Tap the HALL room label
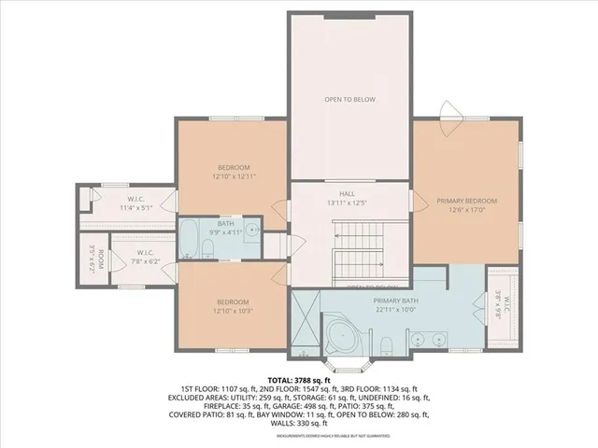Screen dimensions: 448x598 [x=348, y=192]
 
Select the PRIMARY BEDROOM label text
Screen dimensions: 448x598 [x=467, y=201]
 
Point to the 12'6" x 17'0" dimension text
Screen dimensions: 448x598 [x=467, y=210]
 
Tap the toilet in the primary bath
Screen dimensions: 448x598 [x=386, y=350]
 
